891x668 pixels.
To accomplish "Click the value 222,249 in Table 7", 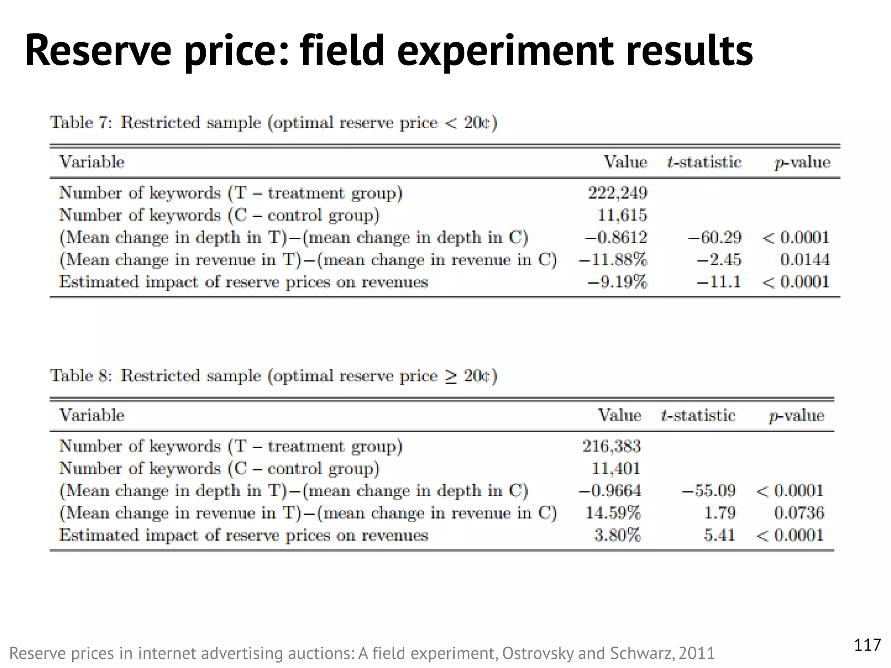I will (x=617, y=193).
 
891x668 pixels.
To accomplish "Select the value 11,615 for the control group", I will (x=622, y=215).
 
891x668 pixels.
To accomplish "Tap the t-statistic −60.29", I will (x=714, y=237).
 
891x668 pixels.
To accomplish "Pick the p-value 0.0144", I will (x=805, y=260).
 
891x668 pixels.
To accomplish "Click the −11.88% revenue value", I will (x=613, y=260).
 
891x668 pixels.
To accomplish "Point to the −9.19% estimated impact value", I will (x=617, y=282).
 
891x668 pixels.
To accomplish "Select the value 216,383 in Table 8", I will (x=612, y=446).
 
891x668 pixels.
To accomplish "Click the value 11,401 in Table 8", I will (x=616, y=468).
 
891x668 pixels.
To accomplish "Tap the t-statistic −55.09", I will (x=709, y=491).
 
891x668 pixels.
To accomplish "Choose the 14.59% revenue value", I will (x=613, y=513).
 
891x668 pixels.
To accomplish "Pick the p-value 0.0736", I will (x=799, y=513).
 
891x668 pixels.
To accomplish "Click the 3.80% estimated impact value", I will (x=618, y=535).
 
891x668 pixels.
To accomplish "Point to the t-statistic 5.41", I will (x=720, y=535).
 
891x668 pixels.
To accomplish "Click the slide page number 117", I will (x=868, y=645).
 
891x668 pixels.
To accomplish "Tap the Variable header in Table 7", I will (x=92, y=162).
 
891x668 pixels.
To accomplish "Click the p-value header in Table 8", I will (x=796, y=415).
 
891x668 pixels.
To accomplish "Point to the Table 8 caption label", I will (x=81, y=375).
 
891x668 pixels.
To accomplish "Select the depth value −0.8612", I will (x=616, y=237).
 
